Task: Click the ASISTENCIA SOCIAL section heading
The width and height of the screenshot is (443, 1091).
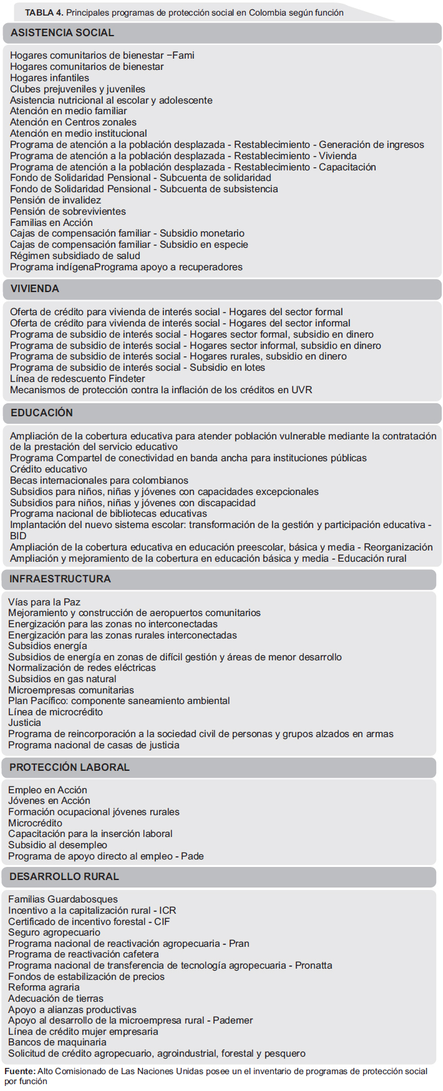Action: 62,33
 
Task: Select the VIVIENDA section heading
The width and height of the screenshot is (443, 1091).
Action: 35,289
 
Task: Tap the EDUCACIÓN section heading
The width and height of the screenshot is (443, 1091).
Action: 42,413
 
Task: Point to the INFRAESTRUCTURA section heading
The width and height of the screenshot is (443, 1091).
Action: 60,579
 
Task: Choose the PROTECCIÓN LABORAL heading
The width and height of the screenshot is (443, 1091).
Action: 69,768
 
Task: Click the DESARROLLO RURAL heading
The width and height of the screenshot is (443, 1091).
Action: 64,877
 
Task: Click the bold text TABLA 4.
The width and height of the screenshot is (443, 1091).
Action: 44,12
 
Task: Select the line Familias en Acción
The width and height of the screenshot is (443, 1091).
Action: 51,223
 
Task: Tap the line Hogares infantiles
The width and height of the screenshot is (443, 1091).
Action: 49,78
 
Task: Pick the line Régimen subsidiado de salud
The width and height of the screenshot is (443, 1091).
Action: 75,256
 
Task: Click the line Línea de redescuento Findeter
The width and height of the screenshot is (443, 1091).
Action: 77,379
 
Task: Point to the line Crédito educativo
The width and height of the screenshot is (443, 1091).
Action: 49,469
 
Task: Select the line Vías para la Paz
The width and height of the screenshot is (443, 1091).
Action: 44,602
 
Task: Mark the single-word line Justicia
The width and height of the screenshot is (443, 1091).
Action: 24,723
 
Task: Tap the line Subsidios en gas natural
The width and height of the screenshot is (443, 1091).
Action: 62,679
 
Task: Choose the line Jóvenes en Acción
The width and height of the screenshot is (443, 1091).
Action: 49,801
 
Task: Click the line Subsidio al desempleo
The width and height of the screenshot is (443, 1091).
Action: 57,845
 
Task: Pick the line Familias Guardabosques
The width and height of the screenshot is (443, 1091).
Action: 62,899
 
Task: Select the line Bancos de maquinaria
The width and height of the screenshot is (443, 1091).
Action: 57,1042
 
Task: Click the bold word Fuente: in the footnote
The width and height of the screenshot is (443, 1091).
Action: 20,1072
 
